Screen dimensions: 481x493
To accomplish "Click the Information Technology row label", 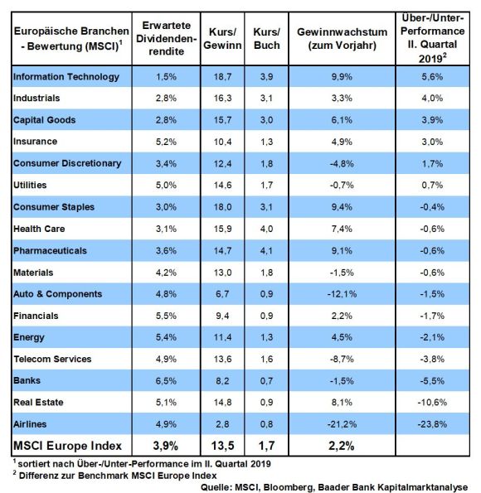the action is pos(66,77).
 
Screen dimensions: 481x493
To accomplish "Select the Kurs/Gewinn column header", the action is pos(222,39).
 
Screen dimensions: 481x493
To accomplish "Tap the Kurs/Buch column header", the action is pos(267,39).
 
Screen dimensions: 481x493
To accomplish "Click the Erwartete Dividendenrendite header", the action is pos(166,38).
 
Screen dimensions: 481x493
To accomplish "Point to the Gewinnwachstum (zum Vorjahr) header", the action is pos(342,39).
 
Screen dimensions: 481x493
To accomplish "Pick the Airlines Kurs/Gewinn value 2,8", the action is pos(222,424).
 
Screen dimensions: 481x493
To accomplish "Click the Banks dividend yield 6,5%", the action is pos(166,381).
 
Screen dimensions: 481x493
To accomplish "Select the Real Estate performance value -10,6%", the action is pos(432,403).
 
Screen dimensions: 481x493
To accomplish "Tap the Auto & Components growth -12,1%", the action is pos(342,294).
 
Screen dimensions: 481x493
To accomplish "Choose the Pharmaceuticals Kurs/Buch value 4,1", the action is pos(267,250).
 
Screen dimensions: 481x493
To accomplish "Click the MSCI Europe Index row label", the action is pos(67,446).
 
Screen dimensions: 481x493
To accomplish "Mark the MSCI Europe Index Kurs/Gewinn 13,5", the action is pos(222,446).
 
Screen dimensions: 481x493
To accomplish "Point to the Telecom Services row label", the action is pos(52,359).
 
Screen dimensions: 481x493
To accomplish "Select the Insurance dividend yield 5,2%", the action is pos(166,142).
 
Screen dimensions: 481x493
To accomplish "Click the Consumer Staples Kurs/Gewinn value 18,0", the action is pos(222,207).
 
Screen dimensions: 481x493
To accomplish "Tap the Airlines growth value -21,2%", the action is pos(342,424).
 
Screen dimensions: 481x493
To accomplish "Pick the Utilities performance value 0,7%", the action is pos(432,186).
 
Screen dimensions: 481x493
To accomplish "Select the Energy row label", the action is pos(29,338).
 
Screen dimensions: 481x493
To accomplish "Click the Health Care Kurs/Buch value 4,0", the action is pos(267,229).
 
